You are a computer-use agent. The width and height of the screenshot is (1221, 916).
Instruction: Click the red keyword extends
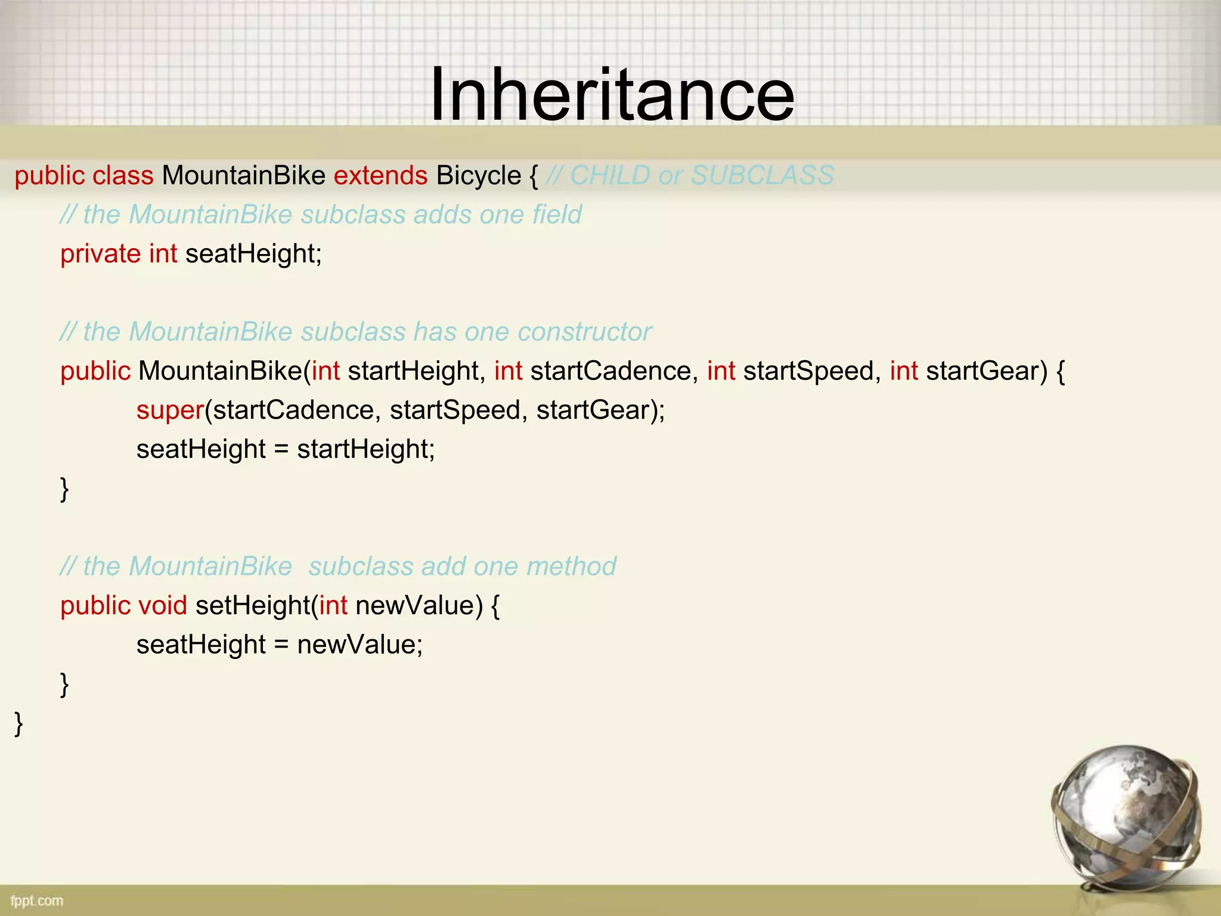pos(380,176)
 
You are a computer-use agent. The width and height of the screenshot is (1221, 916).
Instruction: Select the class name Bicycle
pos(478,176)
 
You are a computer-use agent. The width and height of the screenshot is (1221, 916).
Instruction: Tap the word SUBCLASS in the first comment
pos(762,176)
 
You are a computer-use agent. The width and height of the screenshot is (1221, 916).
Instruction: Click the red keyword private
pos(100,254)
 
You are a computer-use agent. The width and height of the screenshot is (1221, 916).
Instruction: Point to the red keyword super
pos(170,410)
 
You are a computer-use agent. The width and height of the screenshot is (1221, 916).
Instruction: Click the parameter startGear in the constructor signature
pos(986,371)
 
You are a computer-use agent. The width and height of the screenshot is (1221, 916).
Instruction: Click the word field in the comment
pos(557,215)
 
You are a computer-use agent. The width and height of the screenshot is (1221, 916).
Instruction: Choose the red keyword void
pos(162,606)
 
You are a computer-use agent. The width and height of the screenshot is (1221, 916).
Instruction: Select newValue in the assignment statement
pos(359,645)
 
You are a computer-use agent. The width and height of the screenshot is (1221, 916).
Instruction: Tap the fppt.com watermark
pos(37,900)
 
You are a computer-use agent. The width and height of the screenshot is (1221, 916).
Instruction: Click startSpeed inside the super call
pos(454,410)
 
